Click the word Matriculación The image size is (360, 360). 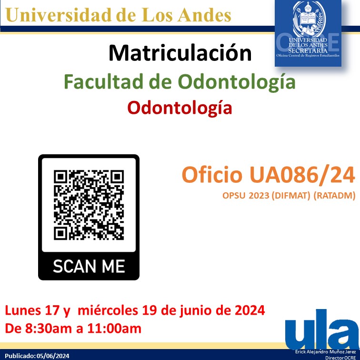tap(180, 53)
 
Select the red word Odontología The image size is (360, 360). tap(180, 108)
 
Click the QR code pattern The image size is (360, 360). tap(89, 204)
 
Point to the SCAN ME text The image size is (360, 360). tap(89, 266)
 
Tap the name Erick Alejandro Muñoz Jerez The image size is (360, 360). tap(326, 351)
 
